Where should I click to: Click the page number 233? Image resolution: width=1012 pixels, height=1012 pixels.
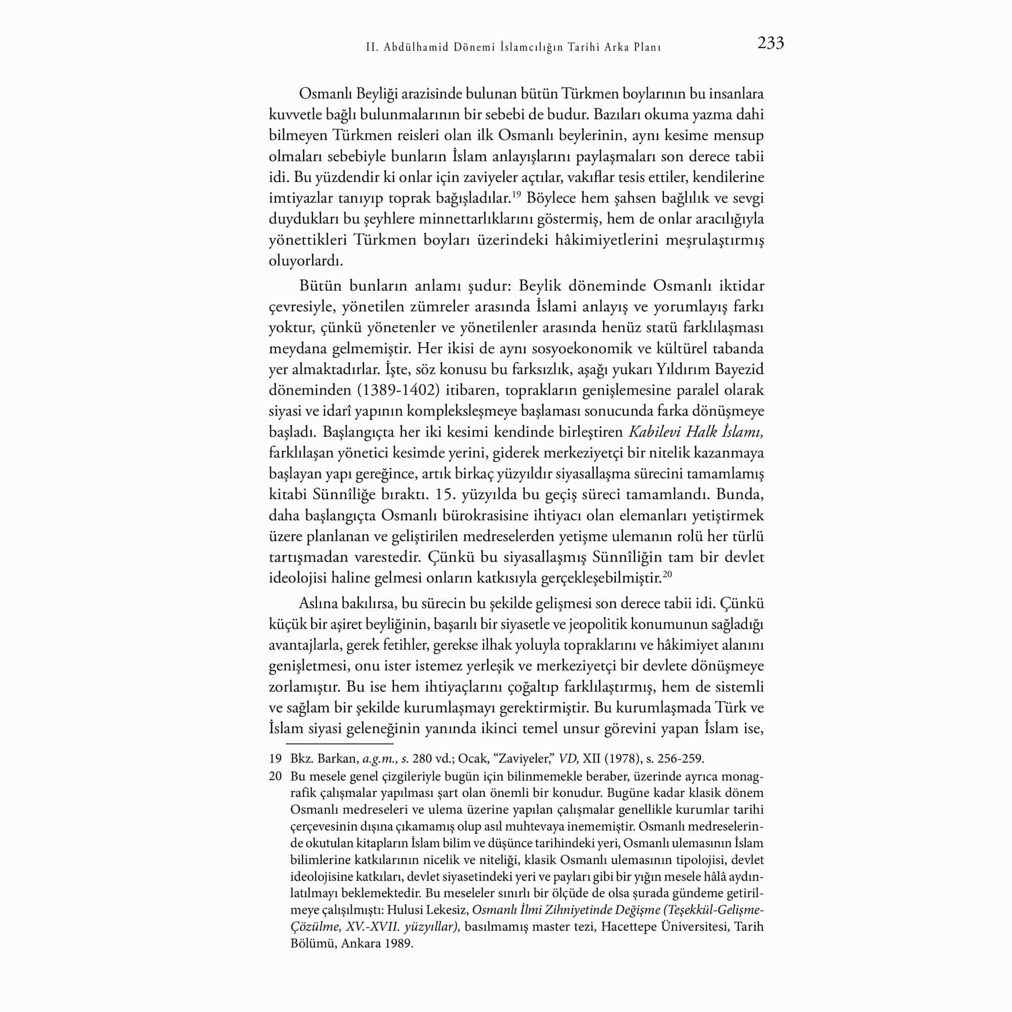coord(771,44)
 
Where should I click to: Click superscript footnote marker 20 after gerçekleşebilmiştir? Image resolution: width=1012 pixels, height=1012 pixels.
coord(667,575)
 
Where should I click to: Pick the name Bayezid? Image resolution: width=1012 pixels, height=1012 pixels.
coord(740,369)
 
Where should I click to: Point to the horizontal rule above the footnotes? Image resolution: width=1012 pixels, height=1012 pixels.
coord(340,743)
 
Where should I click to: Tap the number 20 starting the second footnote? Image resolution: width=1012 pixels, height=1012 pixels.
coord(276,776)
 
